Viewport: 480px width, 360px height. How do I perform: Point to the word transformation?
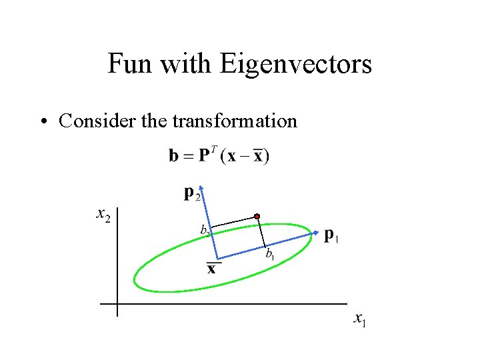click(234, 121)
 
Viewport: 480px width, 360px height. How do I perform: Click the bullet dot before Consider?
click(44, 122)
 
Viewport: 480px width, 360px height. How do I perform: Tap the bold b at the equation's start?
click(173, 157)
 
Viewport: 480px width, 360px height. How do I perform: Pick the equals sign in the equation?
click(187, 157)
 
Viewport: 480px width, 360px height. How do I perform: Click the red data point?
click(257, 217)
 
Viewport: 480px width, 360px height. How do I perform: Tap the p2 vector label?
click(191, 193)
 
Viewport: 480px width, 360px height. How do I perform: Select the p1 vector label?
click(331, 235)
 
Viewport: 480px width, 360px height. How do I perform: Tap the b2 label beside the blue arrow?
click(205, 229)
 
